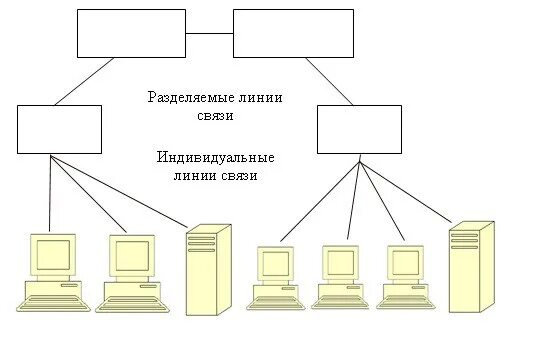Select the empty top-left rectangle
(x=131, y=33)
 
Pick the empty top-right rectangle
(x=293, y=33)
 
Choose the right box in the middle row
(x=359, y=129)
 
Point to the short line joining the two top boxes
(x=209, y=33)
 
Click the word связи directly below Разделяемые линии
(x=215, y=115)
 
